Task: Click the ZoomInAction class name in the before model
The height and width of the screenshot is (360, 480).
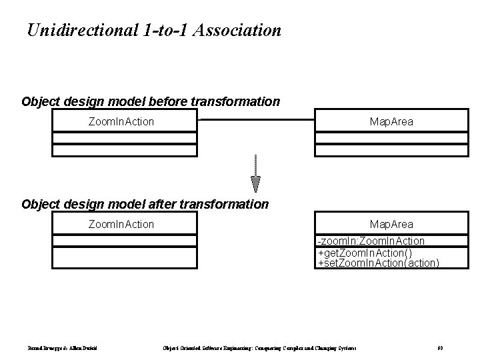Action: tap(121, 121)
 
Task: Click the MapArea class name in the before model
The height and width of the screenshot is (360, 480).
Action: tap(391, 121)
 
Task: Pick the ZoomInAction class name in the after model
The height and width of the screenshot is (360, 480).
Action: tap(121, 224)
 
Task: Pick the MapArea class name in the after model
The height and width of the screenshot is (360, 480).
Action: tap(391, 224)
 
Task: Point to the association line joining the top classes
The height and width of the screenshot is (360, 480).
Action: tap(256, 120)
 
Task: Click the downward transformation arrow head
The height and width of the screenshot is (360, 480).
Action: tap(256, 184)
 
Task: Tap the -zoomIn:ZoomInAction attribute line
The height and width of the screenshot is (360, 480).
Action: tap(371, 241)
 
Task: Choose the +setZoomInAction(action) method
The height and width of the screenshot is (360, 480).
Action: tap(378, 263)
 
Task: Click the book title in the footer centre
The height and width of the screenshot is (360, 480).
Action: tap(259, 348)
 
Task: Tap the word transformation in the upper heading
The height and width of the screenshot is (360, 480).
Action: tap(236, 102)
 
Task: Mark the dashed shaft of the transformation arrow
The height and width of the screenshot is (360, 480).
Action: tap(256, 165)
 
